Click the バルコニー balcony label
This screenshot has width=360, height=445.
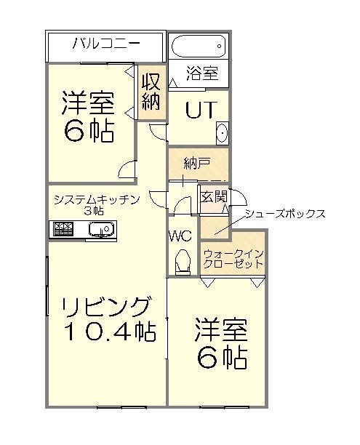point(106,44)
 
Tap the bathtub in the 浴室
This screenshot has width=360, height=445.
point(199,47)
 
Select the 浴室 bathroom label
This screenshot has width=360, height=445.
point(202,73)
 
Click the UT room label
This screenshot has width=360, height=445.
point(201,110)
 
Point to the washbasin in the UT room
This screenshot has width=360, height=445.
point(223,133)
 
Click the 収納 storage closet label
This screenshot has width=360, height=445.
point(151,92)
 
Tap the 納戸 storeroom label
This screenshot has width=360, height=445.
point(197,164)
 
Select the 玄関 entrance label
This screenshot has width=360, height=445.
point(214,196)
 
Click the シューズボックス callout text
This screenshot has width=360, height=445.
point(285,214)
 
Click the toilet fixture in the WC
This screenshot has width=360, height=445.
point(183,261)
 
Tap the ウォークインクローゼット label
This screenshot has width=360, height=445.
point(233,259)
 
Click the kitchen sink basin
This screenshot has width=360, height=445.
point(101,228)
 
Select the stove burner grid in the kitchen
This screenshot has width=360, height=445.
point(63,229)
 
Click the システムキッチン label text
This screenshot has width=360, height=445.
point(97,199)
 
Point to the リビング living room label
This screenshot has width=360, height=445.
point(105,308)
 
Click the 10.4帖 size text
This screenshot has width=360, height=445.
point(110,332)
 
